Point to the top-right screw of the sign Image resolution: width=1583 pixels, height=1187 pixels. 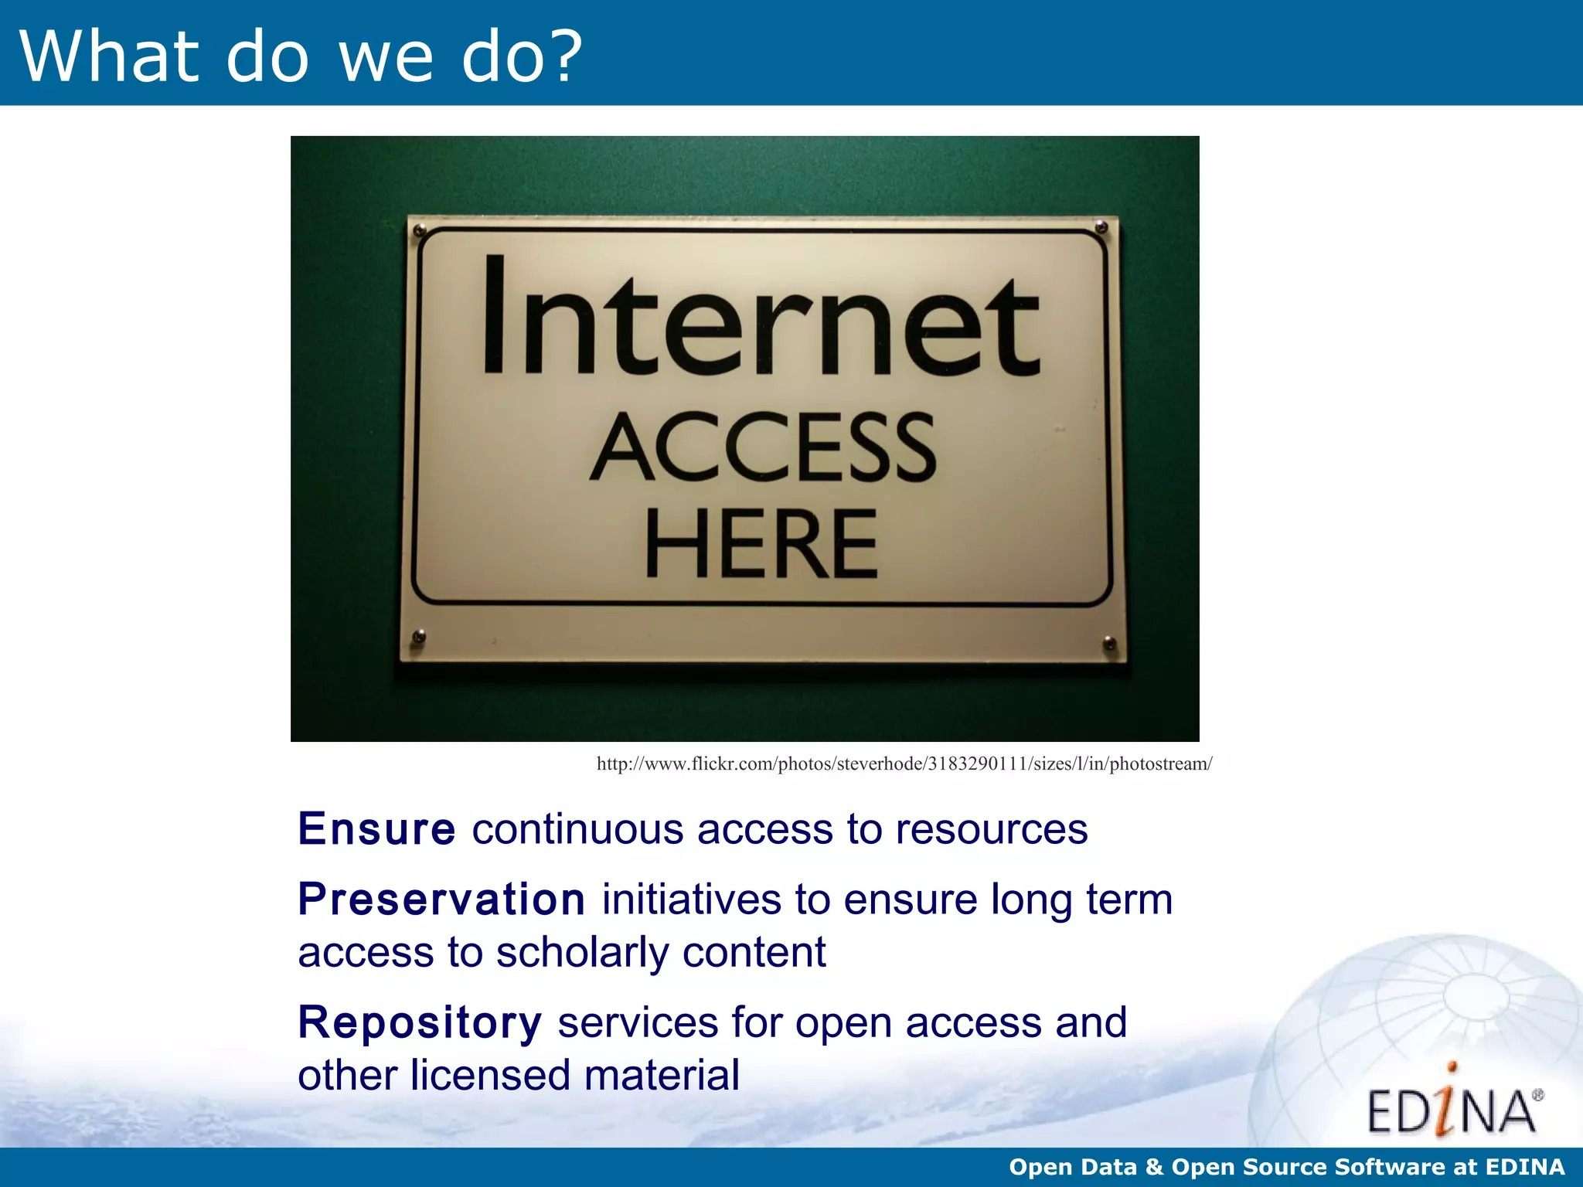point(1101,227)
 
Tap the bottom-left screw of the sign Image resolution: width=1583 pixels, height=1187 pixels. point(419,637)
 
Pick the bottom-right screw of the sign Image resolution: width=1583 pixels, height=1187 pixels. point(1108,642)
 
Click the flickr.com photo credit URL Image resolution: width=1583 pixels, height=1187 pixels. point(904,764)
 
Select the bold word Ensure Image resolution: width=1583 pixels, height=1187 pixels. point(376,829)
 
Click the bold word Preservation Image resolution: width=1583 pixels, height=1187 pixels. point(441,900)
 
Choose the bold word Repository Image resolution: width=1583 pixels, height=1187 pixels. point(420,1022)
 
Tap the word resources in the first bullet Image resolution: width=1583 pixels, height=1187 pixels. point(991,829)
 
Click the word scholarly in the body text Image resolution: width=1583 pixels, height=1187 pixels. point(581,952)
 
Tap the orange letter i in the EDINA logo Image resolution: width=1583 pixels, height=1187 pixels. point(1451,1101)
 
